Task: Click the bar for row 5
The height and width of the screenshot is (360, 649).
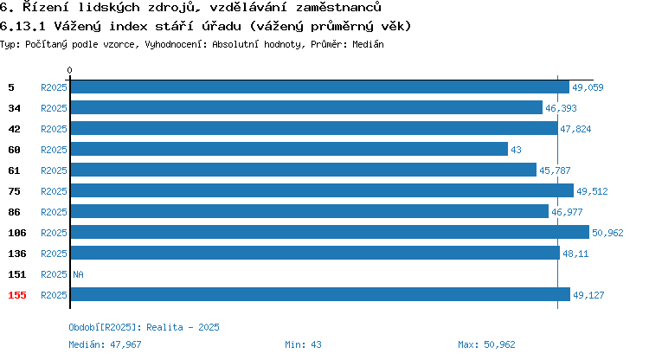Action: (x=320, y=87)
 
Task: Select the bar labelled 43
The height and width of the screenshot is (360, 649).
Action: (x=289, y=149)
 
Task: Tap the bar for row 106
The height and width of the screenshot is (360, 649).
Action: (x=330, y=232)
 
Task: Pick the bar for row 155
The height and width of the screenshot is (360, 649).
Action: (x=320, y=294)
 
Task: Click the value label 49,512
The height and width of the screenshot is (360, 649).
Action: (x=592, y=191)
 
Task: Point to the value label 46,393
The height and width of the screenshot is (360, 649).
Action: (x=561, y=108)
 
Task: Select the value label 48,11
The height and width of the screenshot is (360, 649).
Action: (x=575, y=254)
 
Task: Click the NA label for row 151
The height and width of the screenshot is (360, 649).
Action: (x=78, y=274)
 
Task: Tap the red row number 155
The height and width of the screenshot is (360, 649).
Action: (x=17, y=295)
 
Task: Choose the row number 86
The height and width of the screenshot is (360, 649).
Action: (x=14, y=212)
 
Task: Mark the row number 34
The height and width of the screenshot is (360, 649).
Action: (x=14, y=108)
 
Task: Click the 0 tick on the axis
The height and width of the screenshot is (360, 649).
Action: (x=69, y=70)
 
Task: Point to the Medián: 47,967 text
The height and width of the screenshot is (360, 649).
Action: (x=105, y=344)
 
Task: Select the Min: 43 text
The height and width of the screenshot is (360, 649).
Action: (x=303, y=344)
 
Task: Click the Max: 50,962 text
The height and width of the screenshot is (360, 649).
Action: (x=486, y=344)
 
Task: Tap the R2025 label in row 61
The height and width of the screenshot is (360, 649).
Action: (x=54, y=170)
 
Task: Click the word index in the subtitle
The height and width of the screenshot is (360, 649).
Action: (x=128, y=26)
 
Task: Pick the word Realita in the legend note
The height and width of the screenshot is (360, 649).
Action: (x=164, y=327)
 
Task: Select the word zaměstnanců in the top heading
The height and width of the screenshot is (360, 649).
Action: (x=338, y=7)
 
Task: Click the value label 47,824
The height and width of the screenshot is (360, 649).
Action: (x=575, y=129)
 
